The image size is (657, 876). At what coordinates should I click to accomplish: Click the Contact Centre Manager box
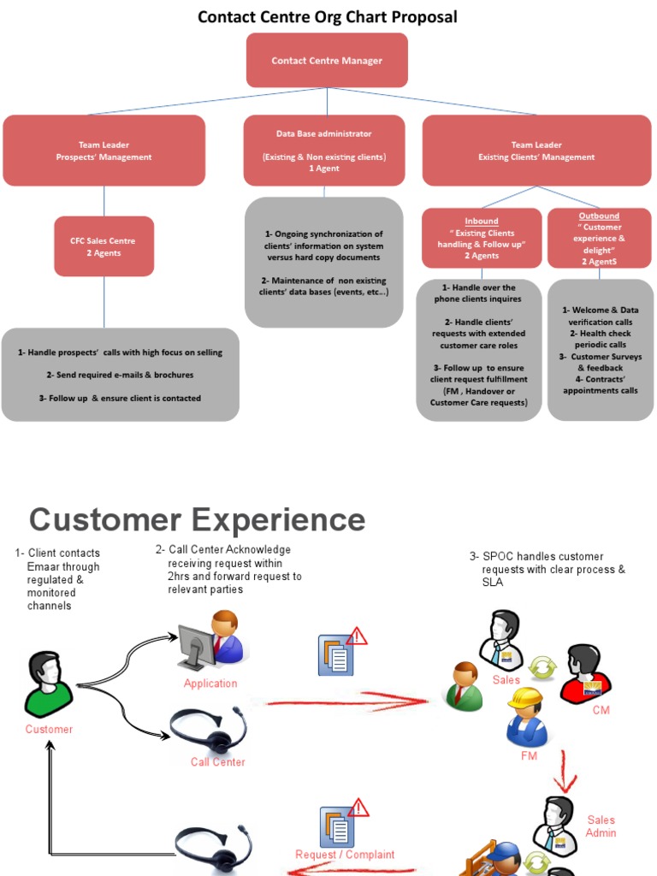tap(327, 61)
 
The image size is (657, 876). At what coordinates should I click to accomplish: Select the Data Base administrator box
tap(323, 151)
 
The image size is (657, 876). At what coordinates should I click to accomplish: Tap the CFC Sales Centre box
tap(104, 246)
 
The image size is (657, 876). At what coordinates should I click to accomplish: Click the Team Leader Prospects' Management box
tap(104, 151)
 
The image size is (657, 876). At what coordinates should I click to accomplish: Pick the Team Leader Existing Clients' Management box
tap(536, 151)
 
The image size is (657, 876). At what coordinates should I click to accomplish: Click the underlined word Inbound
tap(482, 222)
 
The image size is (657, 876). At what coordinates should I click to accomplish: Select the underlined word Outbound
tap(599, 216)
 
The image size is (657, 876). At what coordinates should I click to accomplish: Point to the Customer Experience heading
tap(197, 519)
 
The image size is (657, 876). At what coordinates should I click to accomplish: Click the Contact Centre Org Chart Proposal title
tap(328, 16)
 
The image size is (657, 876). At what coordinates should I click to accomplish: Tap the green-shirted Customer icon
tap(48, 685)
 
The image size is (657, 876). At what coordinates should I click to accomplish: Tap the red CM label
tap(601, 710)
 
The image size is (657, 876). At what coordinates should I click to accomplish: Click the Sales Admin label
tap(601, 826)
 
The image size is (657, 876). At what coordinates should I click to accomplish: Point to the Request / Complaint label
tap(345, 854)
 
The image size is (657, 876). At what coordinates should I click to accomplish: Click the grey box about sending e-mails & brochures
tap(120, 375)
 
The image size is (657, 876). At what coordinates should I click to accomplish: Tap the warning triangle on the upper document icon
tap(358, 636)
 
